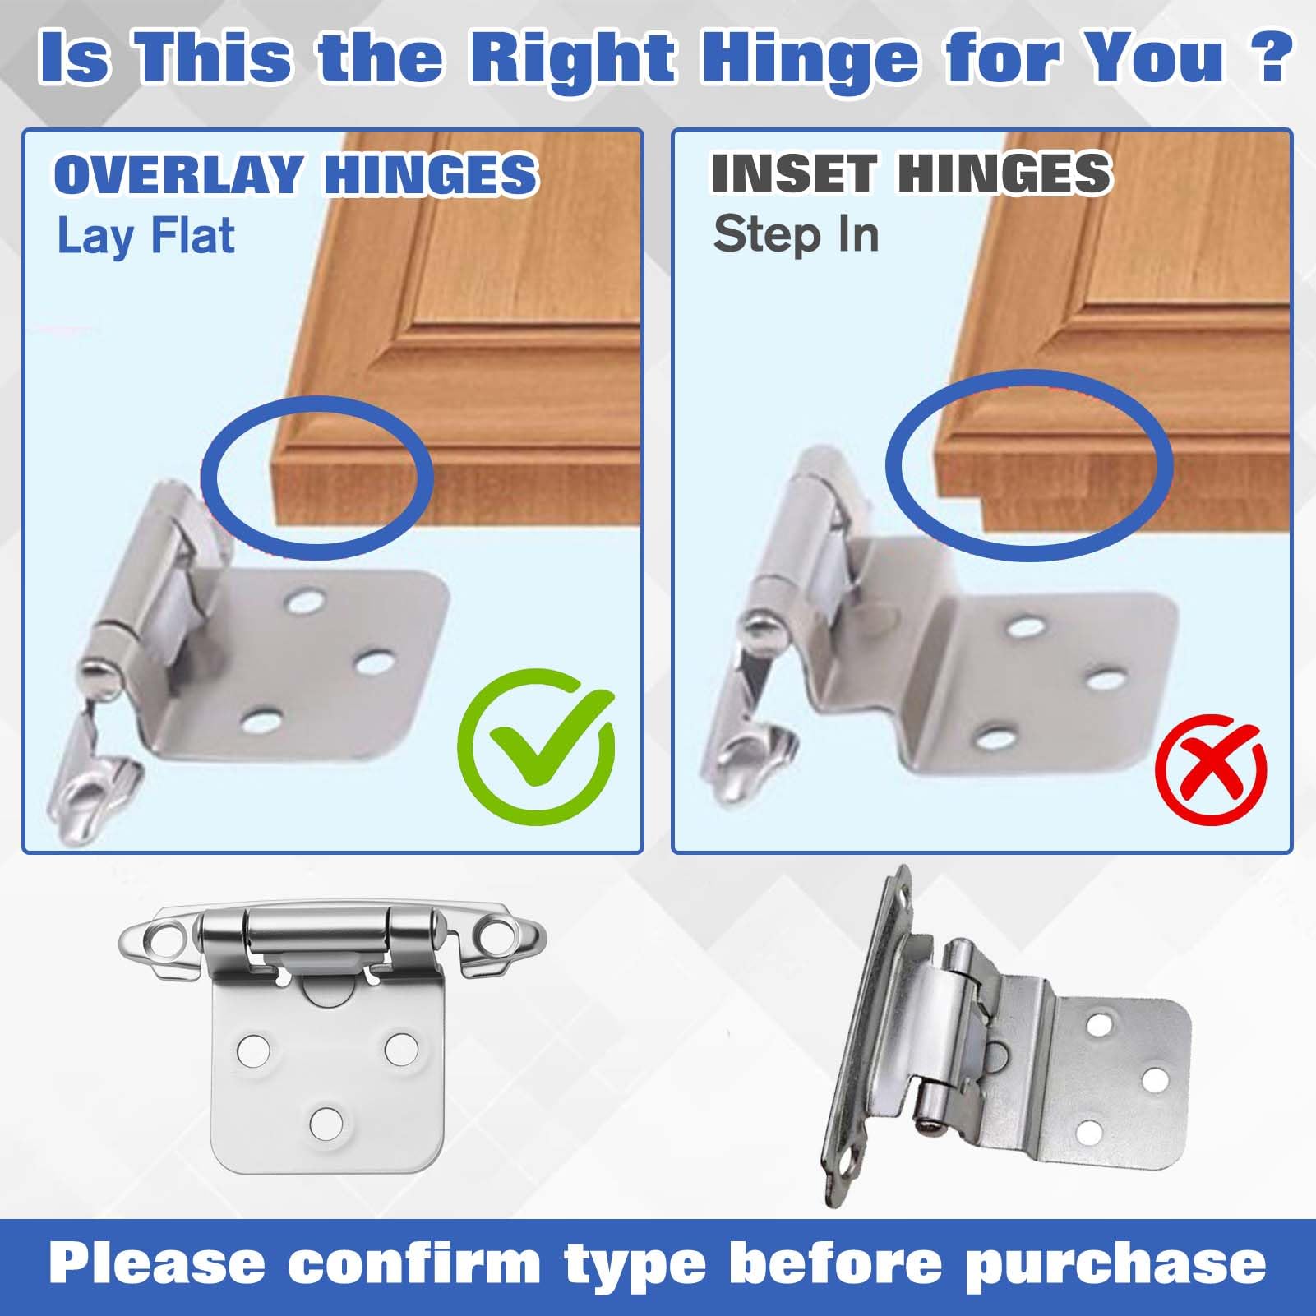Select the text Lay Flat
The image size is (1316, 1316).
[x=145, y=237]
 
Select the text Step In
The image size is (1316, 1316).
[x=796, y=235]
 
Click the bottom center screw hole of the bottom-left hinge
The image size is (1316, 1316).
[x=326, y=1121]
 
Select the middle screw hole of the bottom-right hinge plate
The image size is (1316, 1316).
[x=1155, y=1078]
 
